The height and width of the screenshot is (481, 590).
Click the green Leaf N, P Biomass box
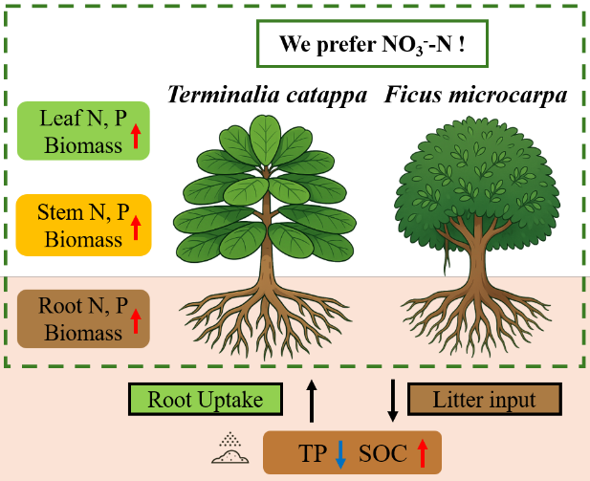point(82,130)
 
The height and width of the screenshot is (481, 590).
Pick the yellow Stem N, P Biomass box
point(82,226)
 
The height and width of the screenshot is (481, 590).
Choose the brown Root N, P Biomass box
point(82,319)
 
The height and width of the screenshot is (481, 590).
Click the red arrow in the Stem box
point(136,230)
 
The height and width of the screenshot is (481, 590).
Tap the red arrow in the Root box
point(136,323)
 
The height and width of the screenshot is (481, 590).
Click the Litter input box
point(484,400)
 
